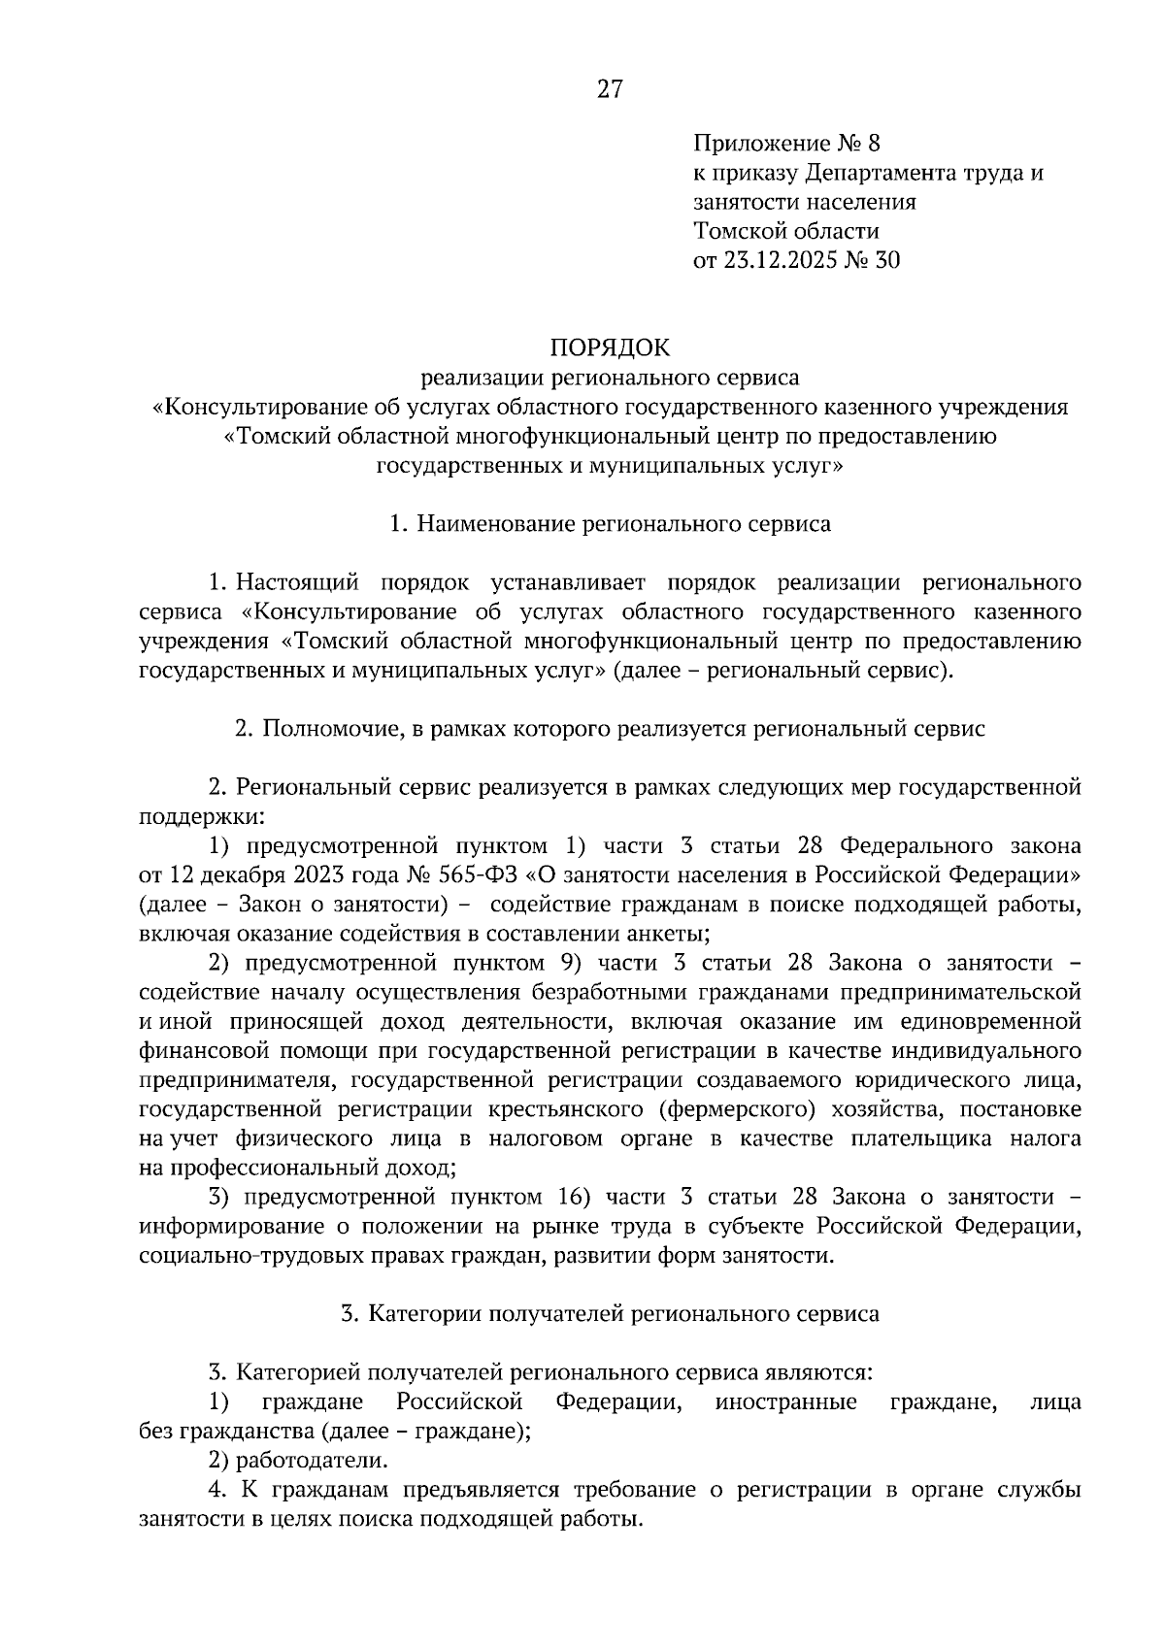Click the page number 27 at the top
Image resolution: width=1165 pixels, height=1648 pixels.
point(609,90)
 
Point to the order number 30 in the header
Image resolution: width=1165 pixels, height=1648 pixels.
point(887,260)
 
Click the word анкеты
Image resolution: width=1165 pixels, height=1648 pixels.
point(671,934)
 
